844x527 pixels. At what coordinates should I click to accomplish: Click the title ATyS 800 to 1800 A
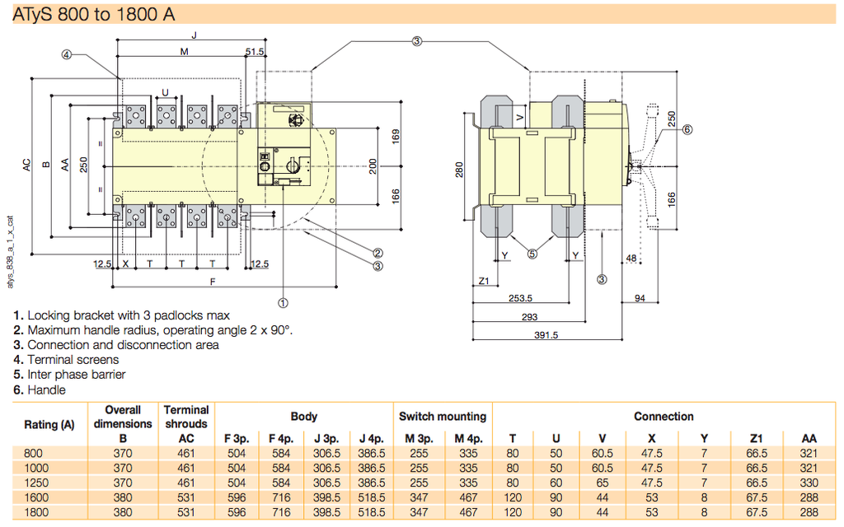coord(94,14)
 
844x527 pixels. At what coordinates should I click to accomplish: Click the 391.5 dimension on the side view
coord(546,335)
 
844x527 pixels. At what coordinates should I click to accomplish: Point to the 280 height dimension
coord(459,168)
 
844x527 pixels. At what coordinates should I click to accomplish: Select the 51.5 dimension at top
coord(255,52)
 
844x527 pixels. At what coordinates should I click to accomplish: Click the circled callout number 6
coord(687,129)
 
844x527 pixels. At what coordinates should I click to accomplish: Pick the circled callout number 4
coord(67,55)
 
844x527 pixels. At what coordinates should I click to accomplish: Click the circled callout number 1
coord(283,302)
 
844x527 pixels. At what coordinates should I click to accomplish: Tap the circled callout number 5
coord(532,254)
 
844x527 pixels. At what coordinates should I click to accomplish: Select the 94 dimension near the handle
coord(640,298)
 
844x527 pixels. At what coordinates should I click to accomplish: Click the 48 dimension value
coord(631,258)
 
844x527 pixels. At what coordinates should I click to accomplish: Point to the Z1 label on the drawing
coord(485,282)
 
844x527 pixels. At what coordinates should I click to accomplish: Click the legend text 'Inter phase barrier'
coord(76,375)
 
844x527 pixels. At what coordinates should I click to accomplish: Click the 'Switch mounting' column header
coord(443,417)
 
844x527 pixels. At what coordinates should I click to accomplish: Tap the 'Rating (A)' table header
coord(49,425)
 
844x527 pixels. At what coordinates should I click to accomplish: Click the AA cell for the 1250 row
coord(809,483)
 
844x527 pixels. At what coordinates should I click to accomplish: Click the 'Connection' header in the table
coord(663,417)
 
